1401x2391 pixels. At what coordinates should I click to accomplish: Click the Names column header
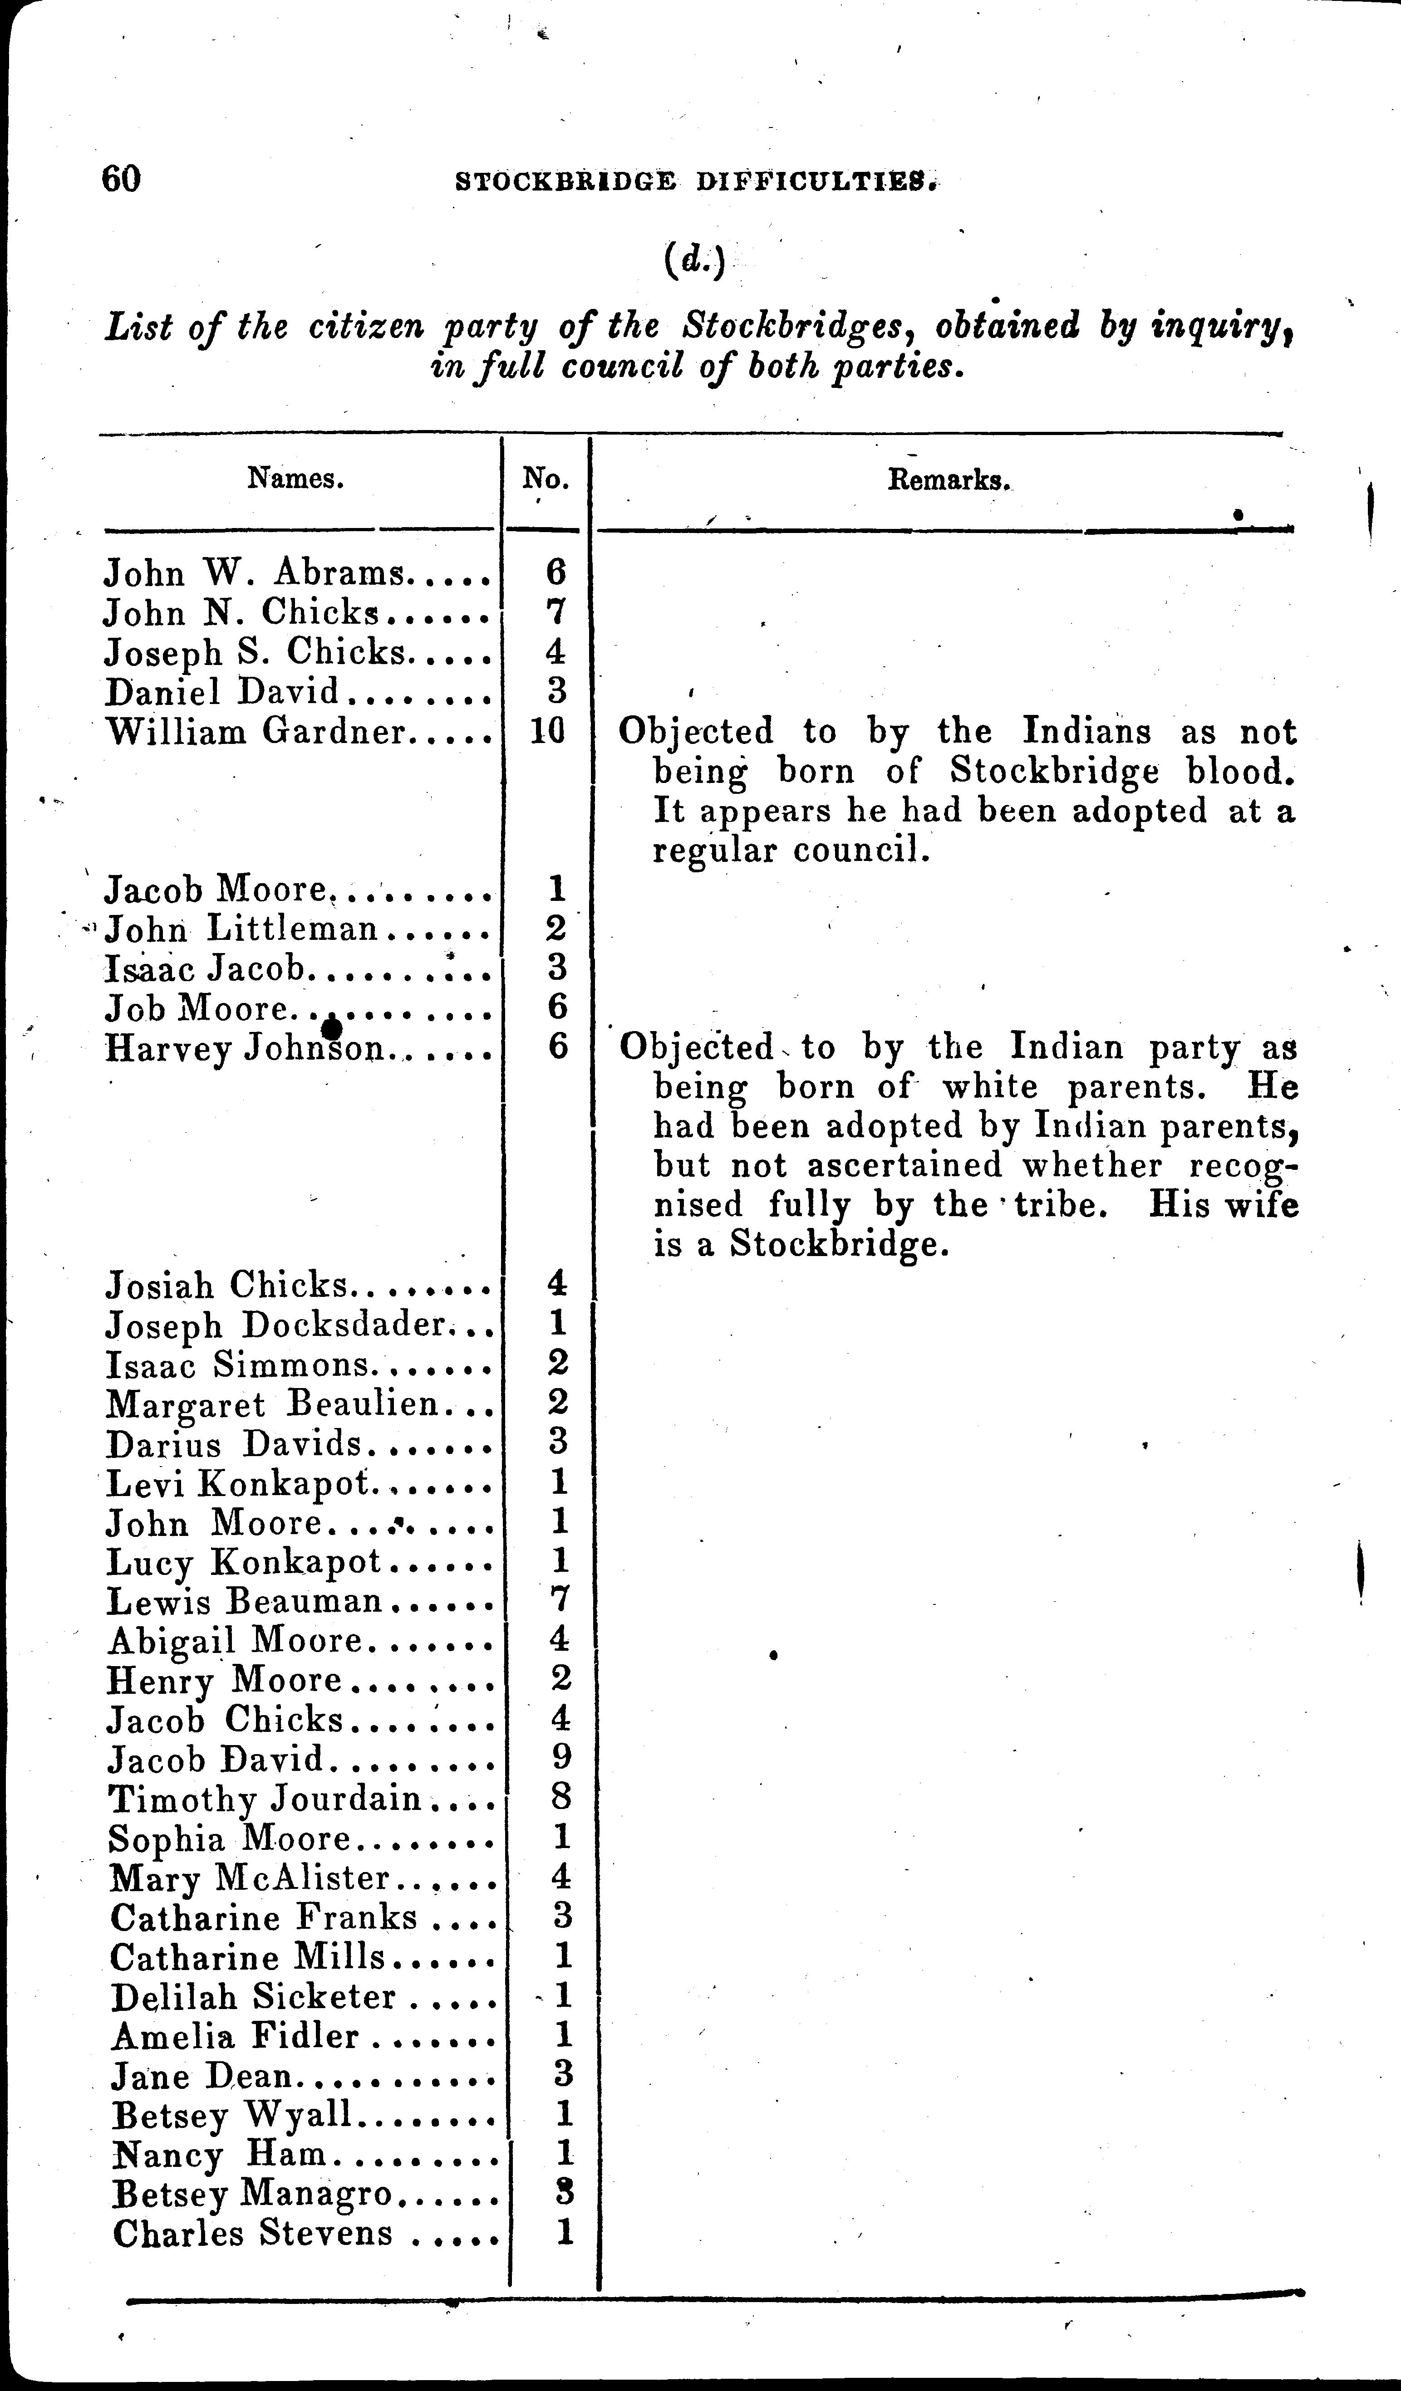(x=295, y=478)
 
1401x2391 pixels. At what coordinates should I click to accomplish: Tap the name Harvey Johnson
(x=245, y=1048)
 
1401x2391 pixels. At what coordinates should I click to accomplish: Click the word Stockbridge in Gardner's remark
(x=1054, y=772)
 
